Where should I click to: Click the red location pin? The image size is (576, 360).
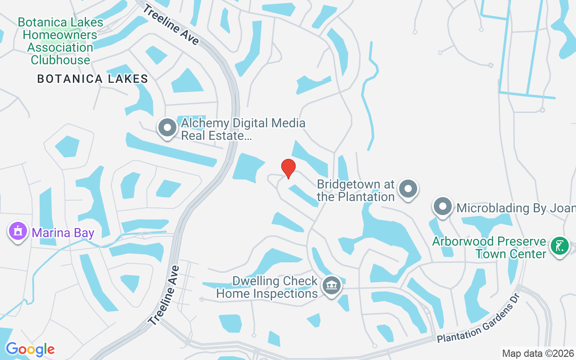point(288,168)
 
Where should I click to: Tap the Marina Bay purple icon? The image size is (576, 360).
point(18,231)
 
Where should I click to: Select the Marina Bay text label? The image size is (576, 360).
point(63,233)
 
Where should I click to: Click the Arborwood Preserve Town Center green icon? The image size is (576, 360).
point(559,246)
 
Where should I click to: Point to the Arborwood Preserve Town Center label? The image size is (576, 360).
point(489,247)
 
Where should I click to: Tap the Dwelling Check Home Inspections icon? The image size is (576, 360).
point(332,285)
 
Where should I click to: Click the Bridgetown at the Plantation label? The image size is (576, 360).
point(355,190)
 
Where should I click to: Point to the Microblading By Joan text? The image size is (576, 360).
point(516,208)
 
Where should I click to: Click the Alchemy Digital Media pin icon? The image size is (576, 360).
point(167,128)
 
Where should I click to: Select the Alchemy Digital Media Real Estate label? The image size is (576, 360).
point(243,129)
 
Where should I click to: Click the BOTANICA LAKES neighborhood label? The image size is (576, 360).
point(93,79)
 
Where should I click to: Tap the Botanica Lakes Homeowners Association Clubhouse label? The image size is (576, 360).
point(60,41)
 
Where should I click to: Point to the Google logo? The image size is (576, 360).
point(30,349)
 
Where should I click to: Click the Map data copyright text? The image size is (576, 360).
point(538,353)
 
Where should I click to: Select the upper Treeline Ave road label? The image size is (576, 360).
point(171,25)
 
